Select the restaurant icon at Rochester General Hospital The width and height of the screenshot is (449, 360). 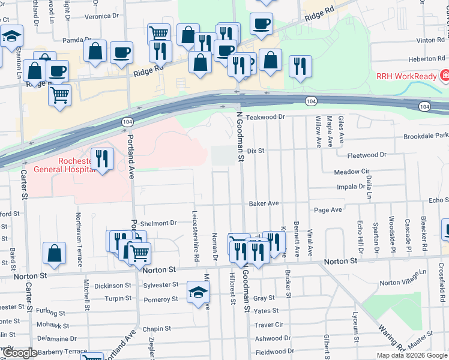click(x=102, y=159)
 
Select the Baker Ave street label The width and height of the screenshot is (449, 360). click(x=265, y=203)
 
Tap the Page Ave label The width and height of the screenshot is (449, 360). click(x=328, y=210)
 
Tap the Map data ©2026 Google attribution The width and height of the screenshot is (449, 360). click(x=412, y=355)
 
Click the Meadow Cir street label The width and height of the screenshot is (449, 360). click(x=351, y=172)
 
